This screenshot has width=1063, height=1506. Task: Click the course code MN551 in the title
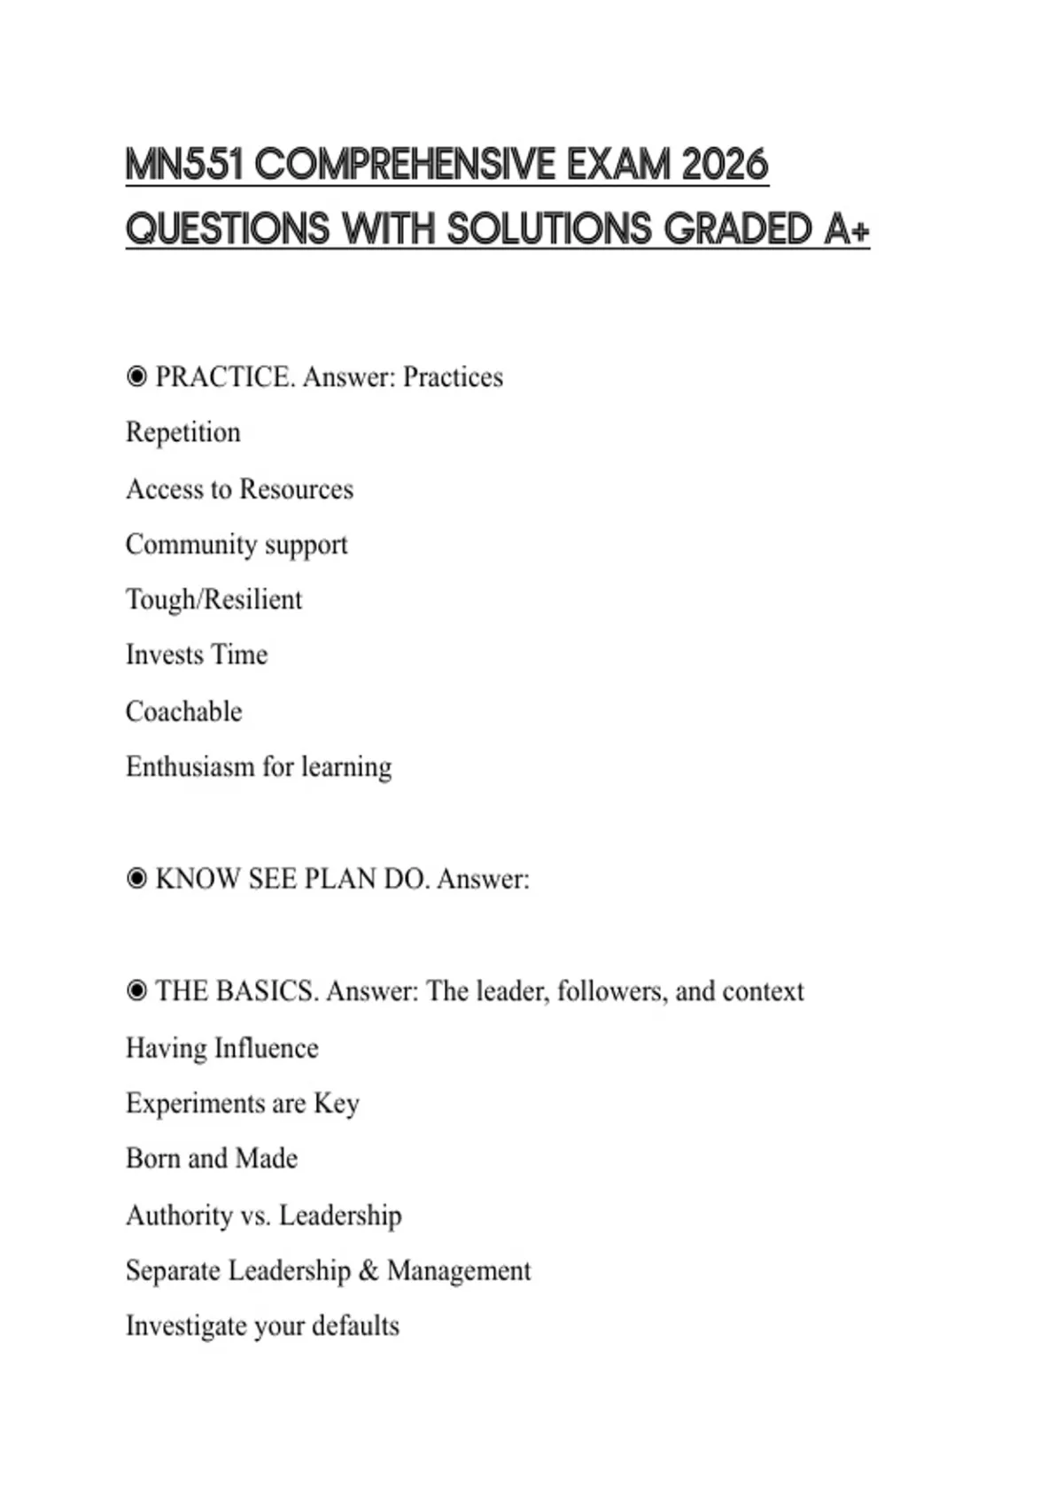coord(184,165)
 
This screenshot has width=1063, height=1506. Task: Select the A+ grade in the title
coord(847,229)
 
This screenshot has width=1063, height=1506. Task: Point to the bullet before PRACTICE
coord(136,377)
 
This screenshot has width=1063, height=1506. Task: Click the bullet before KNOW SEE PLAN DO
coord(136,879)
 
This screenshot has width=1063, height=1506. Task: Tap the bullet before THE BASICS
coord(136,991)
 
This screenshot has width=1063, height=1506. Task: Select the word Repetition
coord(183,432)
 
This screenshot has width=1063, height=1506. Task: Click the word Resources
coord(296,489)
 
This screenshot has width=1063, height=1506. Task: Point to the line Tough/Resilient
coord(213,600)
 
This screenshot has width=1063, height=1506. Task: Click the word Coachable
coord(183,711)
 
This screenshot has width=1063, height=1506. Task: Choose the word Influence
coord(266,1048)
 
